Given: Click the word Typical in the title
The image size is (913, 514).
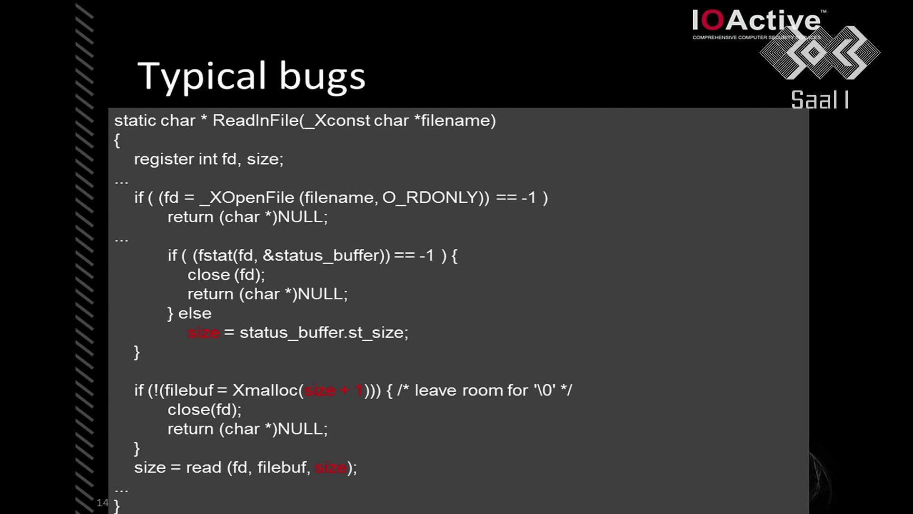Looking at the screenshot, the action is click(202, 76).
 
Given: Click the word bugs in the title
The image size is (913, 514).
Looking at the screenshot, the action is click(322, 77).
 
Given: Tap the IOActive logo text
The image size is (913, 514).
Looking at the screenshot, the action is click(756, 21).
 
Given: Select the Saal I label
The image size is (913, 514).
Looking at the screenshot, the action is click(820, 100).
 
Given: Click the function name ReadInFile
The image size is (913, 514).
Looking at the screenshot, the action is click(256, 120).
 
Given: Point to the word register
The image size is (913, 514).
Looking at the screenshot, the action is click(164, 159).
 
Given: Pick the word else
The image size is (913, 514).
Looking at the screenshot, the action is click(195, 314).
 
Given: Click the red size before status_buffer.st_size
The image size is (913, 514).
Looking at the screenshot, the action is click(204, 333).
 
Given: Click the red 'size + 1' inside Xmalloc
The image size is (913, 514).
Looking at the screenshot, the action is click(334, 391).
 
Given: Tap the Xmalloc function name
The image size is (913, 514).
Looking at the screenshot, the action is click(265, 391).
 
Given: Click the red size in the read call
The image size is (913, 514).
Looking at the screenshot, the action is click(330, 468).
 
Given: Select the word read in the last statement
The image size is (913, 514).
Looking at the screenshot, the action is click(204, 467).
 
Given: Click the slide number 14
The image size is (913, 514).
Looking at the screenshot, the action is click(102, 503).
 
